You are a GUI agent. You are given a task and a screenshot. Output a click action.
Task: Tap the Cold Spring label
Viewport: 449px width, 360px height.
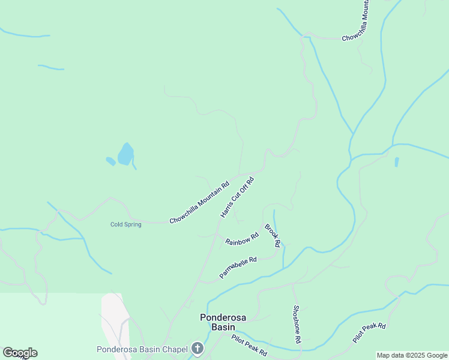point(126,224)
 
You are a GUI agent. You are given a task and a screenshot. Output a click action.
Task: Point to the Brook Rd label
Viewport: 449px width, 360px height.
point(273,236)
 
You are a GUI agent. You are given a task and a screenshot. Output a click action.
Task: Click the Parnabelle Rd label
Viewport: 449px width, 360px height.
point(238,268)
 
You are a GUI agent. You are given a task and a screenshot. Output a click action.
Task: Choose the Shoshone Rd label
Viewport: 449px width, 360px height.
point(297,324)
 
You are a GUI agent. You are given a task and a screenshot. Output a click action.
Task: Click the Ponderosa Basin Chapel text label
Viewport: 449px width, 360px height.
point(142,349)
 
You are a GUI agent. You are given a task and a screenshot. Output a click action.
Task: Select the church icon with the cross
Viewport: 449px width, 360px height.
point(197,349)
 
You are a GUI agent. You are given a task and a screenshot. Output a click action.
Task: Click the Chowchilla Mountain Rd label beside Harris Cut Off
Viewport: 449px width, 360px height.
point(199,203)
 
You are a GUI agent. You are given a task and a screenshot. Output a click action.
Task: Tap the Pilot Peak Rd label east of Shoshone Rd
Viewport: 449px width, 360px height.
point(369,333)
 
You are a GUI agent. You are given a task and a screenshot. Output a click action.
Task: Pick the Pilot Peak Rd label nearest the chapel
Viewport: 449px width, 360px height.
point(249,346)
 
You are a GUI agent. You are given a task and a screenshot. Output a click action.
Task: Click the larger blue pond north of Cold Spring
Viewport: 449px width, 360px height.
point(125,155)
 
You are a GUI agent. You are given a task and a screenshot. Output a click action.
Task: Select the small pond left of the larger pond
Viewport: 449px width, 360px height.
point(110,161)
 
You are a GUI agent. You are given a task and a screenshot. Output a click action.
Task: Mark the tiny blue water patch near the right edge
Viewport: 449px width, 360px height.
point(397,162)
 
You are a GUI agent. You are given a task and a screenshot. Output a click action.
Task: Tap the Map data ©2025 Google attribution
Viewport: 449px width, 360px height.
point(412,355)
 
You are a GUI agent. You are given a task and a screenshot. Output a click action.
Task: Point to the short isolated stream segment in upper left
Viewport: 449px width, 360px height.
point(50,67)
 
